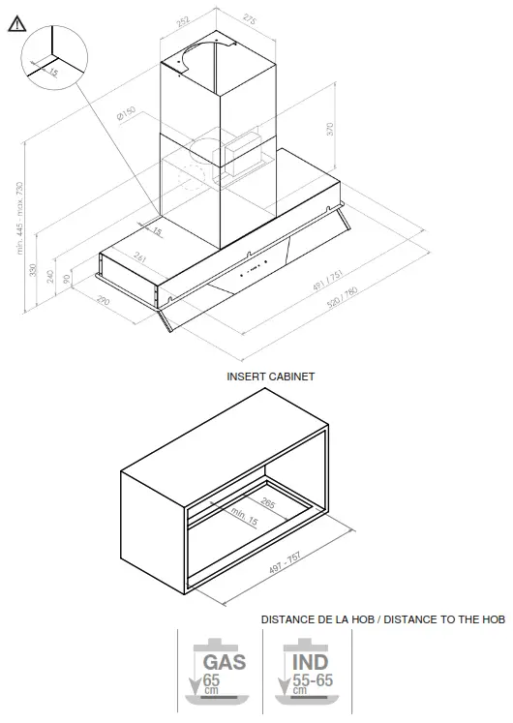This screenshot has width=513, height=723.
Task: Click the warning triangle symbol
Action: (16, 25)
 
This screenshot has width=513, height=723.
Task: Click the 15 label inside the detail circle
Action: (52, 72)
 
